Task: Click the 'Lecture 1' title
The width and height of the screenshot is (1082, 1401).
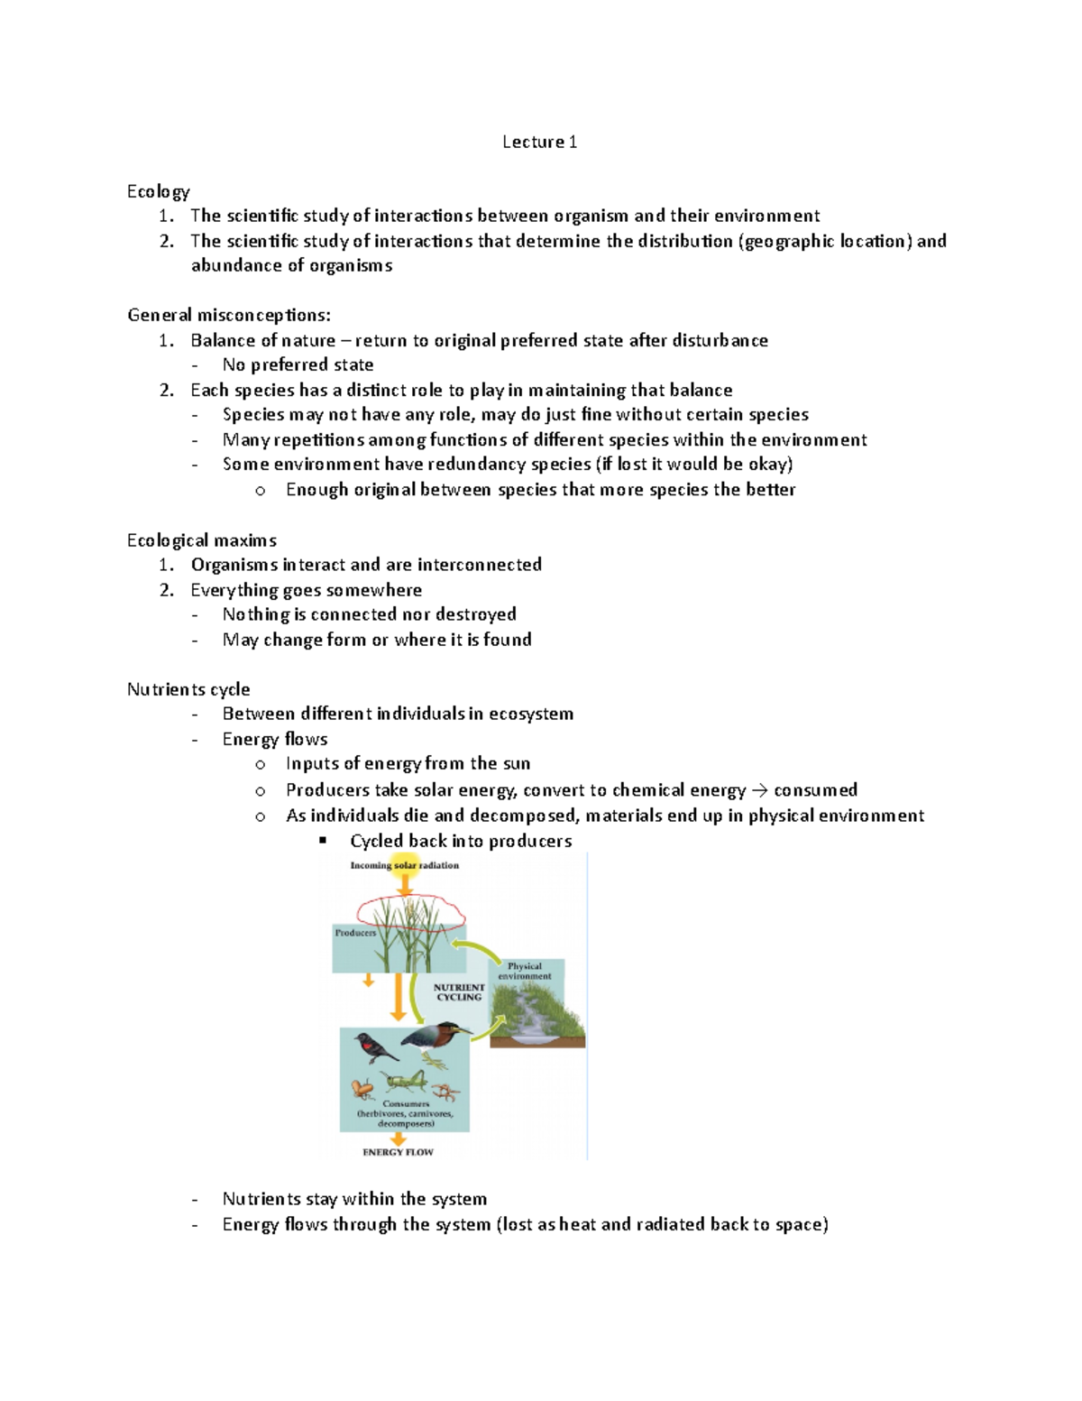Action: tap(539, 142)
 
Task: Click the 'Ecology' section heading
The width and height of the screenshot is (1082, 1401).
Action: tap(159, 191)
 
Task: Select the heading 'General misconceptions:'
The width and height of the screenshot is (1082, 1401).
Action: tap(229, 315)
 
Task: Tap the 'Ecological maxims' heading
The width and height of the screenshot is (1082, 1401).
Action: tap(202, 540)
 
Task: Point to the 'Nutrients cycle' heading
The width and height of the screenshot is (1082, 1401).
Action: tap(188, 689)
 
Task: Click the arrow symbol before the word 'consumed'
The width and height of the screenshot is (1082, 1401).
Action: tap(759, 790)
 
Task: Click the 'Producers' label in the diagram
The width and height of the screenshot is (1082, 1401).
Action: tap(355, 933)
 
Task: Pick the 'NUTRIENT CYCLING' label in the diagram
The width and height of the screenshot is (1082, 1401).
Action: tap(459, 992)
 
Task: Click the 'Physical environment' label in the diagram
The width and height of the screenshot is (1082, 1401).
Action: tap(525, 971)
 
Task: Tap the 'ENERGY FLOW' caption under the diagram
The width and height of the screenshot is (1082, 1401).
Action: tap(398, 1152)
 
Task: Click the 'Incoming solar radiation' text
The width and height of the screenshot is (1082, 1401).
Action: tap(404, 865)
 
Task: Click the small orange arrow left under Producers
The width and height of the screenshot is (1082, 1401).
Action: tap(368, 980)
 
